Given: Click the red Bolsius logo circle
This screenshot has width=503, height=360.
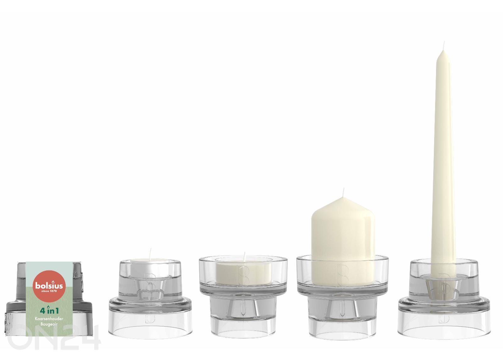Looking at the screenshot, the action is (x=49, y=285).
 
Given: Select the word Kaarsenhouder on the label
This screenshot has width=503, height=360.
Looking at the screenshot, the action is (x=49, y=319).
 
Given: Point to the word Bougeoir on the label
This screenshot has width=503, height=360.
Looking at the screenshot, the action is (x=49, y=324).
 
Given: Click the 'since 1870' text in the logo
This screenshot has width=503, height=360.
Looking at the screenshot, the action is (x=49, y=291).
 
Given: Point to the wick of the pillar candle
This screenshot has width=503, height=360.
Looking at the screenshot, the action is (x=343, y=193).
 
